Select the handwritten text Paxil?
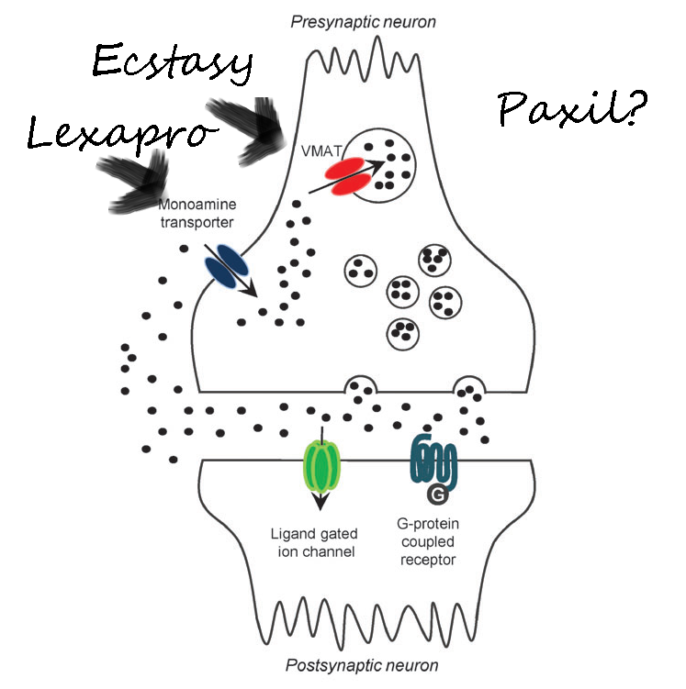click(572, 109)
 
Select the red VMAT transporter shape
click(341, 177)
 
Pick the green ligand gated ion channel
click(321, 465)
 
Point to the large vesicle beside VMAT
click(385, 166)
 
